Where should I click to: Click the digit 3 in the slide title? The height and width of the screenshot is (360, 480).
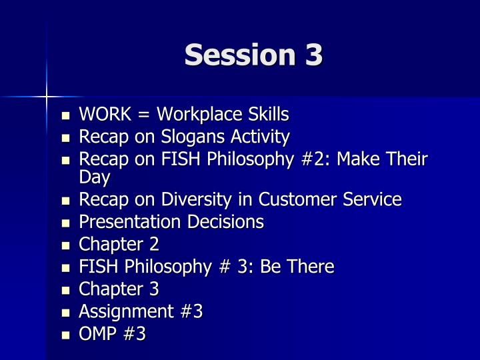point(314,55)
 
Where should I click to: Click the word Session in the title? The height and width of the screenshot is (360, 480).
point(240,55)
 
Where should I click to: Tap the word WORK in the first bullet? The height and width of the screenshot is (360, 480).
point(105,114)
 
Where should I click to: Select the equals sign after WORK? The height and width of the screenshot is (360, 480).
point(144,115)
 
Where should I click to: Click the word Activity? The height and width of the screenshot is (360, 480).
point(260,137)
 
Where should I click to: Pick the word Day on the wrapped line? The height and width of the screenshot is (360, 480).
point(95,177)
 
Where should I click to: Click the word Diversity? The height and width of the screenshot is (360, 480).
point(196,200)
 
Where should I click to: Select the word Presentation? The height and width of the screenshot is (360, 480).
point(130,221)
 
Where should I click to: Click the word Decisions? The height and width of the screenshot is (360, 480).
point(225,221)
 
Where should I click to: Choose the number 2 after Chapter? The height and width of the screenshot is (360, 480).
point(154,244)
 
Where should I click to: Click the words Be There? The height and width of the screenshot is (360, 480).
point(297,266)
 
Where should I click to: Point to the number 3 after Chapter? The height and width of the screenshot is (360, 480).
point(154,289)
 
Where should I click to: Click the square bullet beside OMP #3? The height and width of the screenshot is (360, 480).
point(65,335)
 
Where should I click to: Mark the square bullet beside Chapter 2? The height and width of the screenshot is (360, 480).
point(65,246)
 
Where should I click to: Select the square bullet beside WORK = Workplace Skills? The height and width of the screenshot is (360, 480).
point(65,116)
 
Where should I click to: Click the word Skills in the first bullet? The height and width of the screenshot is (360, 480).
point(268,114)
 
